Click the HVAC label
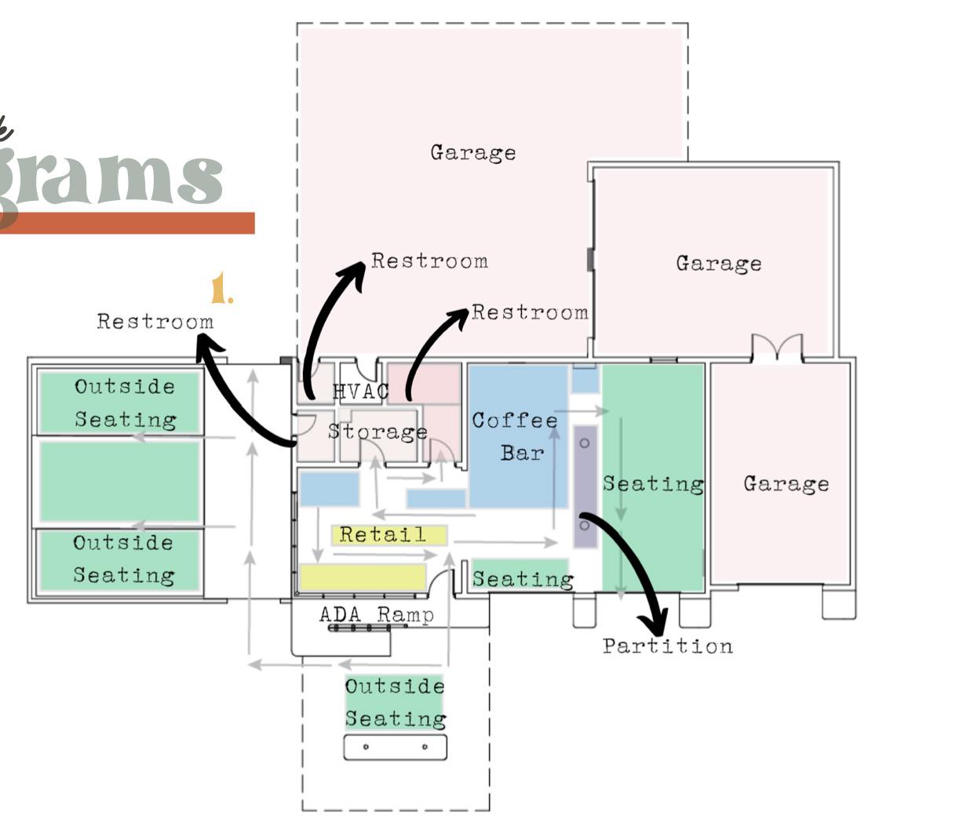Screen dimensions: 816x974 tap(360, 392)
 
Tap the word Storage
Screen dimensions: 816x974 tap(378, 432)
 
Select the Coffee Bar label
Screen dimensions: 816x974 tap(515, 436)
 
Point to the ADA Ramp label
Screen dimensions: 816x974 tap(377, 614)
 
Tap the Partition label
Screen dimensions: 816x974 tap(668, 647)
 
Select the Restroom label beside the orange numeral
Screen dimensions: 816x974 tap(155, 322)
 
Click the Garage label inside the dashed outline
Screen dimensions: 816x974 tap(472, 152)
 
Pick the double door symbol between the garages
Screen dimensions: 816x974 tap(777, 348)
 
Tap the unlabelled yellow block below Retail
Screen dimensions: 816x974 tap(363, 577)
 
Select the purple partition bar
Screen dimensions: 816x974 tap(585, 486)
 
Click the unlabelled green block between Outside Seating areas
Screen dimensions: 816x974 tap(119, 481)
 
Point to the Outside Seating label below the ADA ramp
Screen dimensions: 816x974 tap(395, 702)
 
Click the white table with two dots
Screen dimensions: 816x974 tap(395, 747)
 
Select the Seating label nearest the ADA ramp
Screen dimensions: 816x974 tap(522, 579)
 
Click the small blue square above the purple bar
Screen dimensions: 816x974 tap(585, 381)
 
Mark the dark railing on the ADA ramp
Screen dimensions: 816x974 tap(359, 628)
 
